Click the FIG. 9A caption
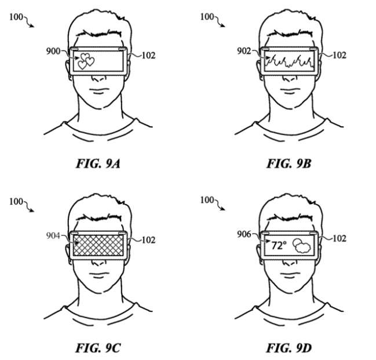(x=98, y=164)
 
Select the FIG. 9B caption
(x=289, y=164)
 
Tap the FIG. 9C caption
(x=98, y=348)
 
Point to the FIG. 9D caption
(x=289, y=348)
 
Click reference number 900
(x=53, y=51)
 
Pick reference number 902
(x=244, y=51)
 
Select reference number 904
(x=53, y=236)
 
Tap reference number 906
(x=244, y=234)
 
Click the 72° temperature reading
(x=279, y=246)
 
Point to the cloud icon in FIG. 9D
(x=302, y=246)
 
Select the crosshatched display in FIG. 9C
(x=98, y=245)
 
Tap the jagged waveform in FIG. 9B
(x=290, y=61)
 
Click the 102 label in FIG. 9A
(x=149, y=56)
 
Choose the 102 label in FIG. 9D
(x=340, y=238)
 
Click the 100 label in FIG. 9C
(x=16, y=202)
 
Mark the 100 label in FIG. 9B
(x=207, y=17)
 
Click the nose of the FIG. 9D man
(x=290, y=263)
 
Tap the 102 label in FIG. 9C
(x=149, y=240)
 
